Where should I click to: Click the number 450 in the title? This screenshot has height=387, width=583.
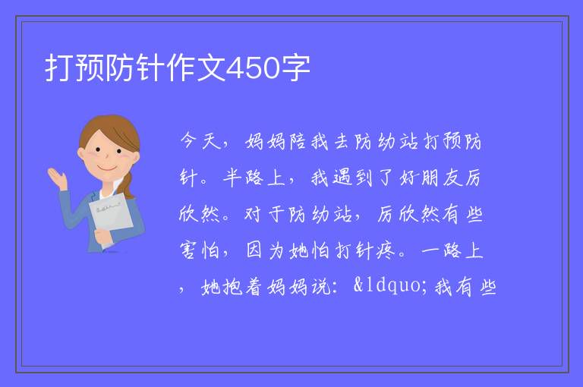253,68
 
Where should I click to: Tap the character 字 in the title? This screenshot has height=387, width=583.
295,68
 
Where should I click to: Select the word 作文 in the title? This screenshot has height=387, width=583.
196,68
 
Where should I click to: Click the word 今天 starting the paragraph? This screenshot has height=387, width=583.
200,141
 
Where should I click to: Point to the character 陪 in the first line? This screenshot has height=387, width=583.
298,141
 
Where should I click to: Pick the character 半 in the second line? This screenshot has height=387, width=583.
232,178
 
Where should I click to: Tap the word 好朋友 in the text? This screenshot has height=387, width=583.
430,178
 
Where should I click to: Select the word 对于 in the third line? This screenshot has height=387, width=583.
265,214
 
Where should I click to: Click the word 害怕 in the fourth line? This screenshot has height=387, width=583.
200,250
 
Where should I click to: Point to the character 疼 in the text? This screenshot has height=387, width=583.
386,250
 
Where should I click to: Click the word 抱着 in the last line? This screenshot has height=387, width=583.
242,287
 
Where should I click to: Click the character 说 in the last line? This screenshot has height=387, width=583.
320,287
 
